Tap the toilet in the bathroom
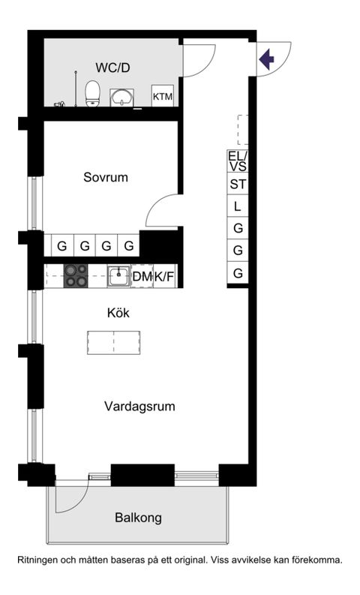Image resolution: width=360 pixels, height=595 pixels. pos(93,94)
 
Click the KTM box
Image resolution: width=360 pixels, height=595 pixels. pos(163,97)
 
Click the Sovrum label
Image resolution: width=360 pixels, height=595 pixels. pos(105,178)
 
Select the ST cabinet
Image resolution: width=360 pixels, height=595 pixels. pos(238,185)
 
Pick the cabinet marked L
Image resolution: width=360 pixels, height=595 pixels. pos(238,206)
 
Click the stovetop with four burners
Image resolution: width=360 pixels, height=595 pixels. pos(75,276)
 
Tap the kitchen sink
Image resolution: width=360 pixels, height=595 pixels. pos(118,276)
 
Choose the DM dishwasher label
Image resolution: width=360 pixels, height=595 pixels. pos(142,277)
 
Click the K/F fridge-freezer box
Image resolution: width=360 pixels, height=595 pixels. pos(164,277)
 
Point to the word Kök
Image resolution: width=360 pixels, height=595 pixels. pos(117,313)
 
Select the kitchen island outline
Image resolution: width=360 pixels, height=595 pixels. pos(113,341)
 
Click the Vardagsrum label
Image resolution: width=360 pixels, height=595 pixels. pos(139,407)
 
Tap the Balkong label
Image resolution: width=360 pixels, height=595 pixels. pos(138,518)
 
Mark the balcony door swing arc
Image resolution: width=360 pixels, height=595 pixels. pos(71,499)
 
